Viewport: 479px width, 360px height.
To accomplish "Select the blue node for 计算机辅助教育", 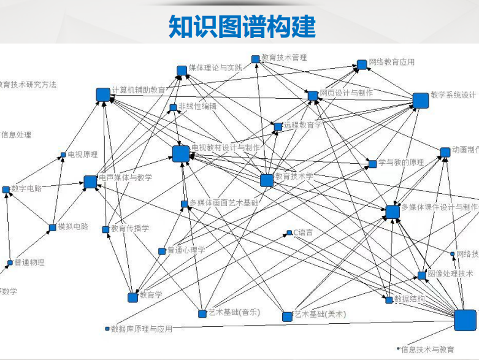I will (103, 94).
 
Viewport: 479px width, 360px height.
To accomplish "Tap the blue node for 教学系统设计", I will (420, 101).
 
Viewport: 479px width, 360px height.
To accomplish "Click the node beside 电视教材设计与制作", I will (180, 154).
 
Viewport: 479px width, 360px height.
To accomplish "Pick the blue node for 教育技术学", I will (267, 180).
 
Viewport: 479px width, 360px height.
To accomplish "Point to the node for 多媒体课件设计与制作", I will (393, 212).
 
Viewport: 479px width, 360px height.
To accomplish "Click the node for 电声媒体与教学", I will (90, 182).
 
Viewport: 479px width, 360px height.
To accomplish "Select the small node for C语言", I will (289, 233).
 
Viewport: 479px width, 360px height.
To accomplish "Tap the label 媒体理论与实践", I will (215, 67).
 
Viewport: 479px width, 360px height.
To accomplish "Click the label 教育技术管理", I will (283, 58).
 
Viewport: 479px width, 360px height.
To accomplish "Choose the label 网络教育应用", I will (392, 62).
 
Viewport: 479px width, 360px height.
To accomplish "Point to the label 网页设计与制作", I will (346, 93).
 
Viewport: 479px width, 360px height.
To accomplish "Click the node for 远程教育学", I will (278, 126).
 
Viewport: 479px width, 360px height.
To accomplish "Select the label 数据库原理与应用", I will (142, 329).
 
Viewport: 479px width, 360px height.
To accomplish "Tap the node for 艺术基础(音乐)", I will (202, 314).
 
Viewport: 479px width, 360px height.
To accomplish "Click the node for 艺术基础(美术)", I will (287, 316).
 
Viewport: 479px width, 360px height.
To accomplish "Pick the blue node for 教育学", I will (132, 297).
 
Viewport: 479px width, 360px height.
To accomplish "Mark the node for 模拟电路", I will (52, 228).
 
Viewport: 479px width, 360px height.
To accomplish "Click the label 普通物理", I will (29, 262).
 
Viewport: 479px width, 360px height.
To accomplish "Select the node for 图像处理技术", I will (422, 275).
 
